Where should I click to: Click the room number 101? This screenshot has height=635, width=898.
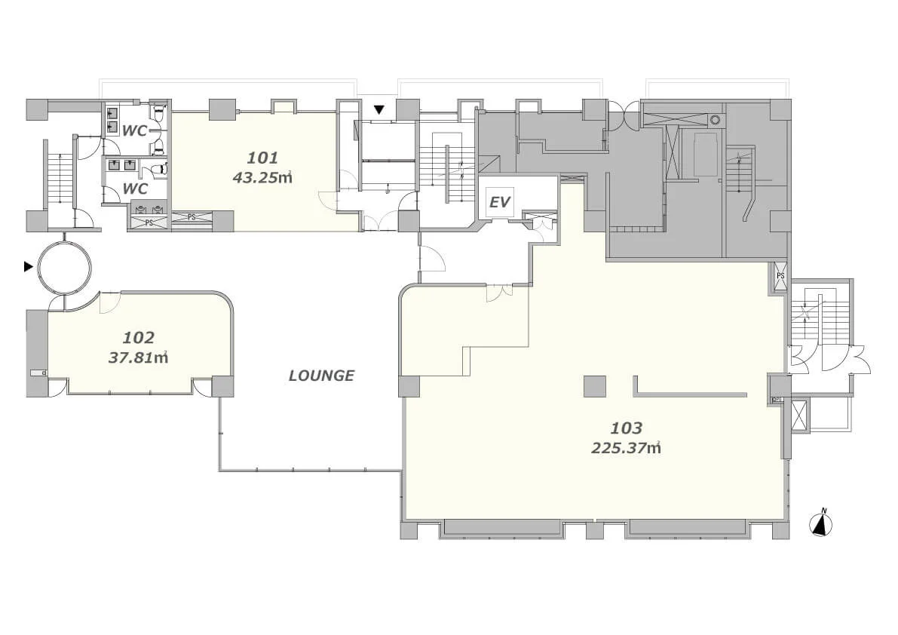(262, 158)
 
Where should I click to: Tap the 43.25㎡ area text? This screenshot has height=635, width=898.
(262, 177)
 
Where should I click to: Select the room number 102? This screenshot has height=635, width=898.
(139, 337)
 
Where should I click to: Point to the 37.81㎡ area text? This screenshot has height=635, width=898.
(138, 357)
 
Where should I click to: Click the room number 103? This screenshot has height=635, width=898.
(627, 428)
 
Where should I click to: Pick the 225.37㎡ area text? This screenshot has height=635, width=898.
(626, 448)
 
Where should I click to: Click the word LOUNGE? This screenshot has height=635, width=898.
(321, 376)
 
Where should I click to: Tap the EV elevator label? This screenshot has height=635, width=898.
(499, 202)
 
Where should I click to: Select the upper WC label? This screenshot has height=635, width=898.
(134, 130)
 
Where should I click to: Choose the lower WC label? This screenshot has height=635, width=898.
(135, 189)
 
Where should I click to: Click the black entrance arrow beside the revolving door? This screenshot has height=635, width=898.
(27, 266)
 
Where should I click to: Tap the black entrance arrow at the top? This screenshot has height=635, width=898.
(379, 109)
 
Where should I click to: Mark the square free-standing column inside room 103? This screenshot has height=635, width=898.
(594, 386)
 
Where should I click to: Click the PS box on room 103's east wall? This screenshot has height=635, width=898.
(780, 275)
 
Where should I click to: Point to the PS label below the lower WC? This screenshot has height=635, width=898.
(149, 222)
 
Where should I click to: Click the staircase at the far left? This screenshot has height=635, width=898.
(60, 177)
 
